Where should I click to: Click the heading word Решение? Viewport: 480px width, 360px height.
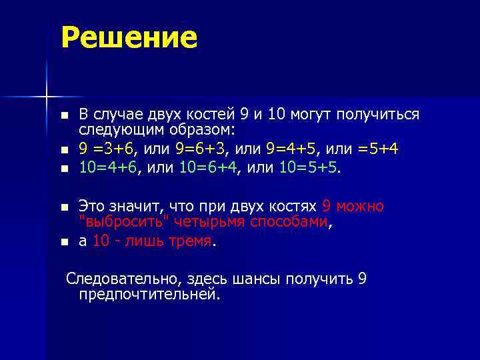click(x=129, y=38)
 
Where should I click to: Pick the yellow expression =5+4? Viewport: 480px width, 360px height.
click(x=378, y=148)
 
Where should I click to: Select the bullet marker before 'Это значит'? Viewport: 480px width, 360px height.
click(x=64, y=207)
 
